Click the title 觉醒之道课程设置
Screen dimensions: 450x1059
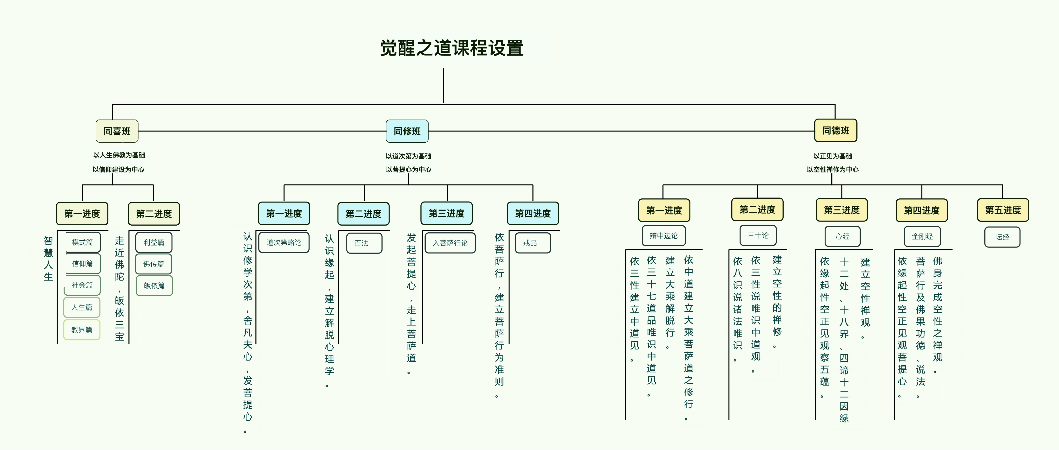point(451,48)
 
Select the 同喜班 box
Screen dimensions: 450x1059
point(117,131)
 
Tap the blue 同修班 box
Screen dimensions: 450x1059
point(407,131)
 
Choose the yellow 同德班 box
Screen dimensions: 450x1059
point(835,131)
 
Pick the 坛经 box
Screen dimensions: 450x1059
point(1002,237)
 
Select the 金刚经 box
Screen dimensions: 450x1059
point(922,236)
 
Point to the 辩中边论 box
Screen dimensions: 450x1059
point(663,236)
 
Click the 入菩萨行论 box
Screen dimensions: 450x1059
point(450,243)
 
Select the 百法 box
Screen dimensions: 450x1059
point(364,243)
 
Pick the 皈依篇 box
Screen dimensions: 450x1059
point(154,285)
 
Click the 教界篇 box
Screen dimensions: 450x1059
point(82,330)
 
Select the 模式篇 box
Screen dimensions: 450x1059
point(82,242)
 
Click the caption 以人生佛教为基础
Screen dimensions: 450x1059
point(119,155)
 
